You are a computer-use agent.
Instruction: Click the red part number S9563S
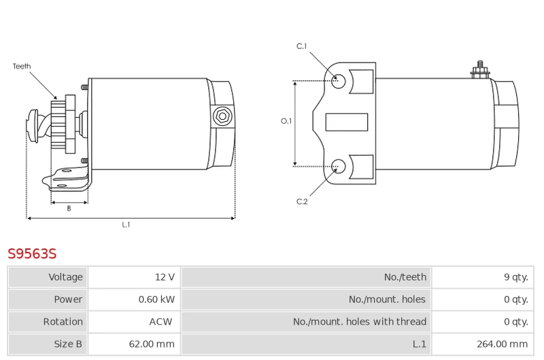click(32, 254)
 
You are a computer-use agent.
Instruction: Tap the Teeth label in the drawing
click(22, 66)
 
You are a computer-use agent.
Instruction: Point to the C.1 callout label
click(301, 46)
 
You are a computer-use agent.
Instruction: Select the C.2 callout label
click(302, 201)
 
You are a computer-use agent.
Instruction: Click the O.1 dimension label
click(286, 121)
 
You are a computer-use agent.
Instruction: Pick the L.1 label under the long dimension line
click(126, 225)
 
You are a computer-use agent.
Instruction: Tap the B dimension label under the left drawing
click(69, 208)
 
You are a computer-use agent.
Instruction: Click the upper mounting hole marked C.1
click(338, 81)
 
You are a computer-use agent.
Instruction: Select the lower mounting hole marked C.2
click(338, 166)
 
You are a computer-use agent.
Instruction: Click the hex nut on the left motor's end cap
click(222, 116)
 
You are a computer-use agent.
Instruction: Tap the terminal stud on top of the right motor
click(480, 70)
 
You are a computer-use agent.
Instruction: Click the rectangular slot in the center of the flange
click(347, 122)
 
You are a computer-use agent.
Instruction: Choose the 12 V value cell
click(165, 277)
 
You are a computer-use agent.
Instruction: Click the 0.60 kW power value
click(156, 299)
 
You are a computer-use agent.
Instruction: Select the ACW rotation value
click(160, 322)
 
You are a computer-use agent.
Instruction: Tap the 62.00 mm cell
click(152, 344)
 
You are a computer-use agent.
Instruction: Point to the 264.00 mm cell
click(502, 344)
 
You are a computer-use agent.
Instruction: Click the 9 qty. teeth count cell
click(516, 277)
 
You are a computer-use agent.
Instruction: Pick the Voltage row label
click(65, 277)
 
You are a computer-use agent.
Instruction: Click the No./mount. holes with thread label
click(360, 322)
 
